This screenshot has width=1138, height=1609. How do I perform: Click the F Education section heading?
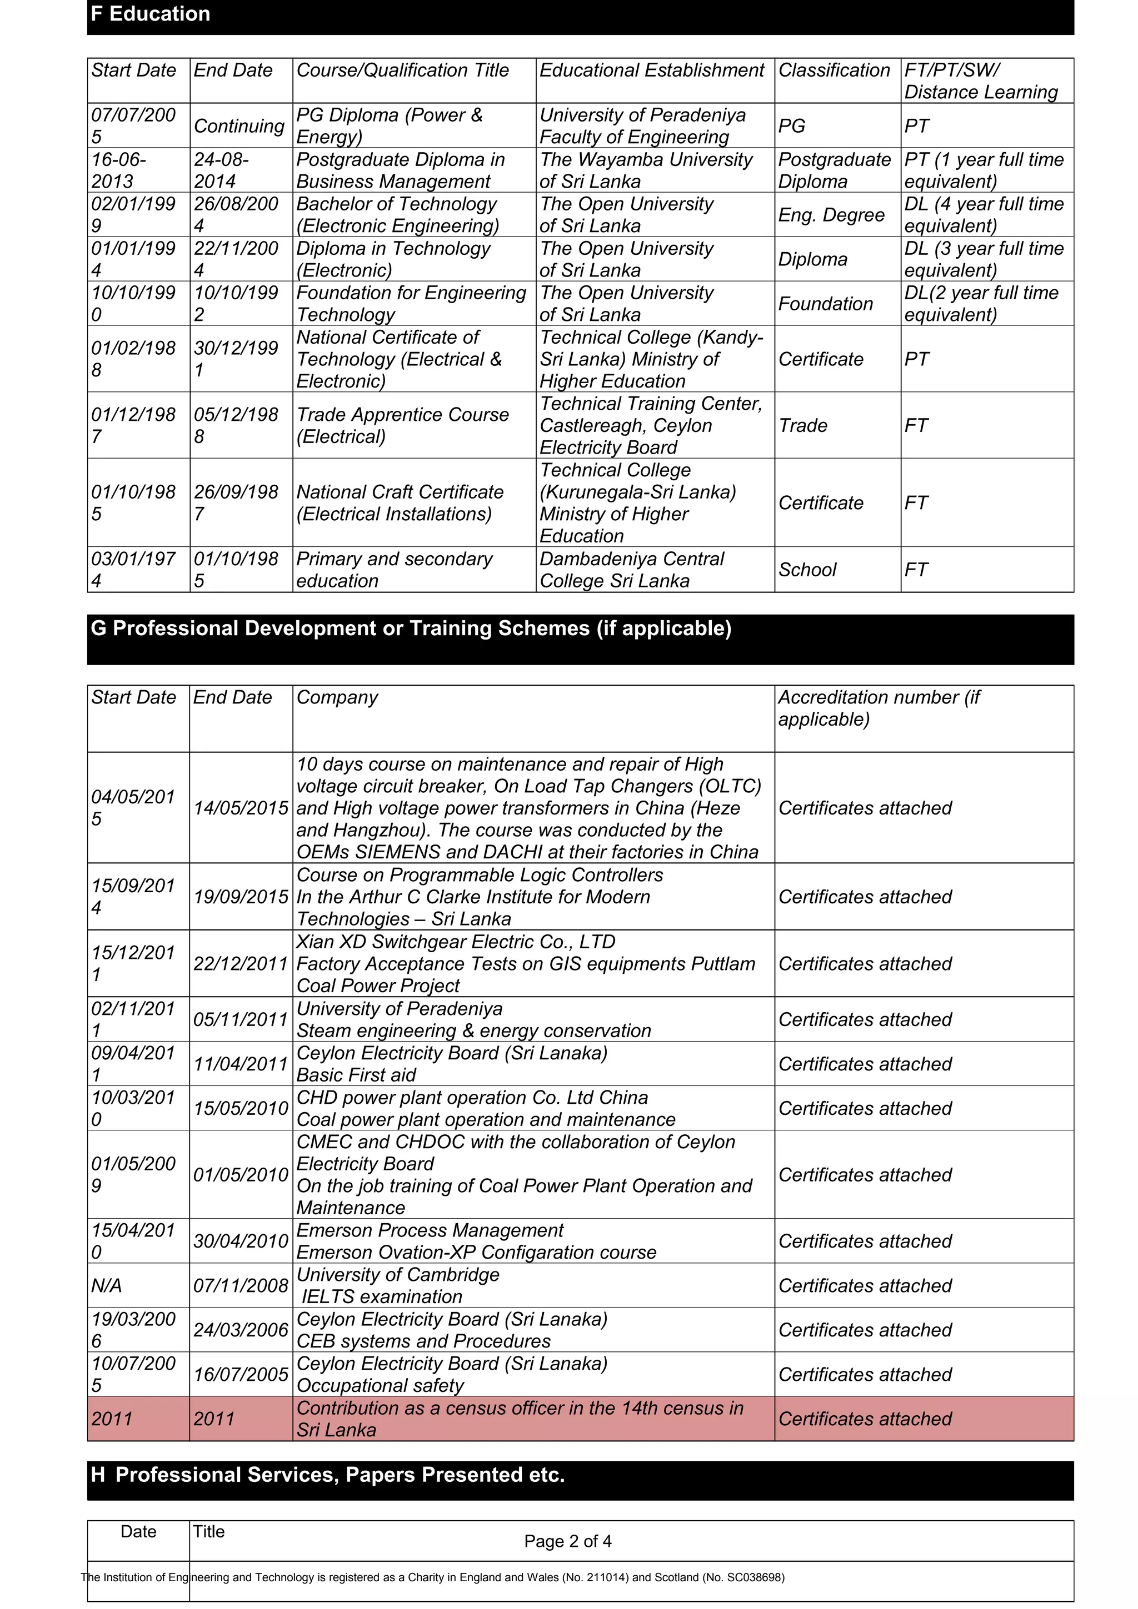pyautogui.click(x=151, y=14)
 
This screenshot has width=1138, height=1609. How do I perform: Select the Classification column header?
pyautogui.click(x=833, y=70)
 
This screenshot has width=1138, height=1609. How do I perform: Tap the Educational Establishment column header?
pyautogui.click(x=651, y=70)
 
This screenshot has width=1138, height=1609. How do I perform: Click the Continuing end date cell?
pyautogui.click(x=238, y=126)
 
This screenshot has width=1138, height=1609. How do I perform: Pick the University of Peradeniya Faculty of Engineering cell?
pyautogui.click(x=642, y=126)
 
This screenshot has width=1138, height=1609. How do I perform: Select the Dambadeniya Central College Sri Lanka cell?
pyautogui.click(x=631, y=570)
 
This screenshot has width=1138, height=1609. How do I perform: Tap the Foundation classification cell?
pyautogui.click(x=825, y=304)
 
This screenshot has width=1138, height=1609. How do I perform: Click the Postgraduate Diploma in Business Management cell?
pyautogui.click(x=401, y=170)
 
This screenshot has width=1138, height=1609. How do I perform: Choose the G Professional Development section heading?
pyautogui.click(x=411, y=628)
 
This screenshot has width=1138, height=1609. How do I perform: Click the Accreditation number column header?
pyautogui.click(x=879, y=708)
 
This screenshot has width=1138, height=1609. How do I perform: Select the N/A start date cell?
pyautogui.click(x=107, y=1286)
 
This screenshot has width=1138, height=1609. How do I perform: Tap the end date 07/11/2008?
pyautogui.click(x=241, y=1286)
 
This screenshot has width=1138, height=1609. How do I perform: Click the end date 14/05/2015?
pyautogui.click(x=241, y=808)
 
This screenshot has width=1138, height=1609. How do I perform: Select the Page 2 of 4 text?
pyautogui.click(x=567, y=1541)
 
